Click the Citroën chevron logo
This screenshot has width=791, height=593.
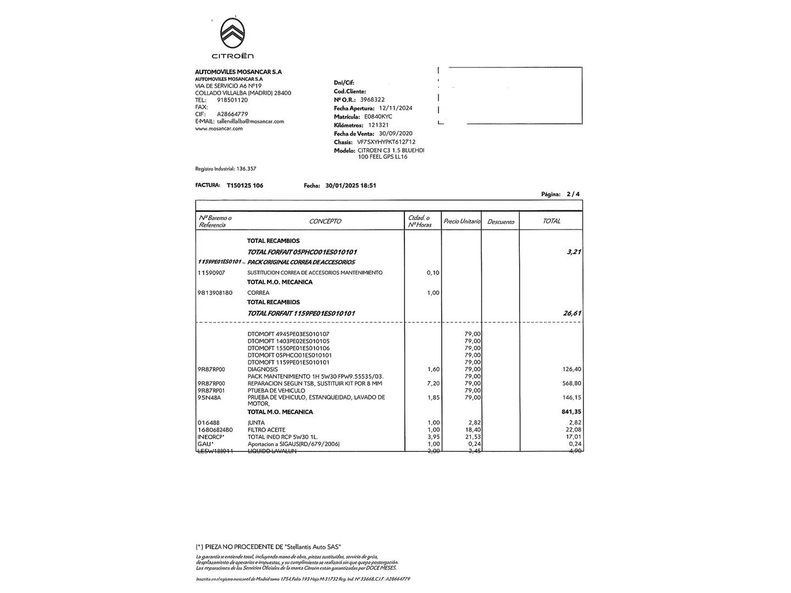point(232,33)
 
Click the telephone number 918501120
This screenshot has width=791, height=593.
point(232,100)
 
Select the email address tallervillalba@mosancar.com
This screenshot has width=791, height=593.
point(250,121)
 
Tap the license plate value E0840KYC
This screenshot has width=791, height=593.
point(378,116)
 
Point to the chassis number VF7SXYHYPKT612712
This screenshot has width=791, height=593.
point(386,142)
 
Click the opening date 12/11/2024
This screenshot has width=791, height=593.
point(392,108)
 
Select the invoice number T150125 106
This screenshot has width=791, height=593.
point(244,186)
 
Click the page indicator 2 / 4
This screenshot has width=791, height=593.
point(572,194)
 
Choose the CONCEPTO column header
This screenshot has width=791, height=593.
point(325,221)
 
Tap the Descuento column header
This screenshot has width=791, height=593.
point(500,222)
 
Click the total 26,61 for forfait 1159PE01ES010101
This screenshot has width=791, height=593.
point(572,313)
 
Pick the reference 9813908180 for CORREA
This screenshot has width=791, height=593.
point(215,293)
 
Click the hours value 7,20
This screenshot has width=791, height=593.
point(433,383)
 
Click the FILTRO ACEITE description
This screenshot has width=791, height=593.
point(266,430)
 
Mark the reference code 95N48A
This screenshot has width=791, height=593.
point(209,398)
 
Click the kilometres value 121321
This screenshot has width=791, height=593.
point(378,125)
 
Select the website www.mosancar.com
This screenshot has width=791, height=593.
point(219,128)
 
